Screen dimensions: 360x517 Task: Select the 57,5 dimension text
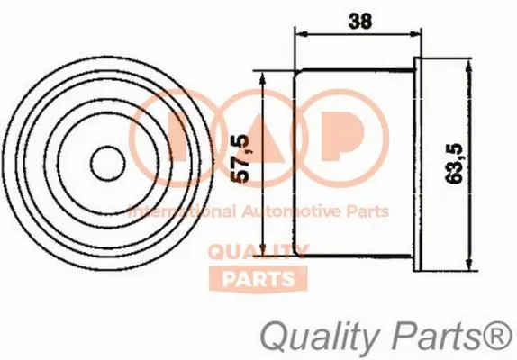(x=240, y=160)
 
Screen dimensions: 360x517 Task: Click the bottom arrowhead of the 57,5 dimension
(x=261, y=252)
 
